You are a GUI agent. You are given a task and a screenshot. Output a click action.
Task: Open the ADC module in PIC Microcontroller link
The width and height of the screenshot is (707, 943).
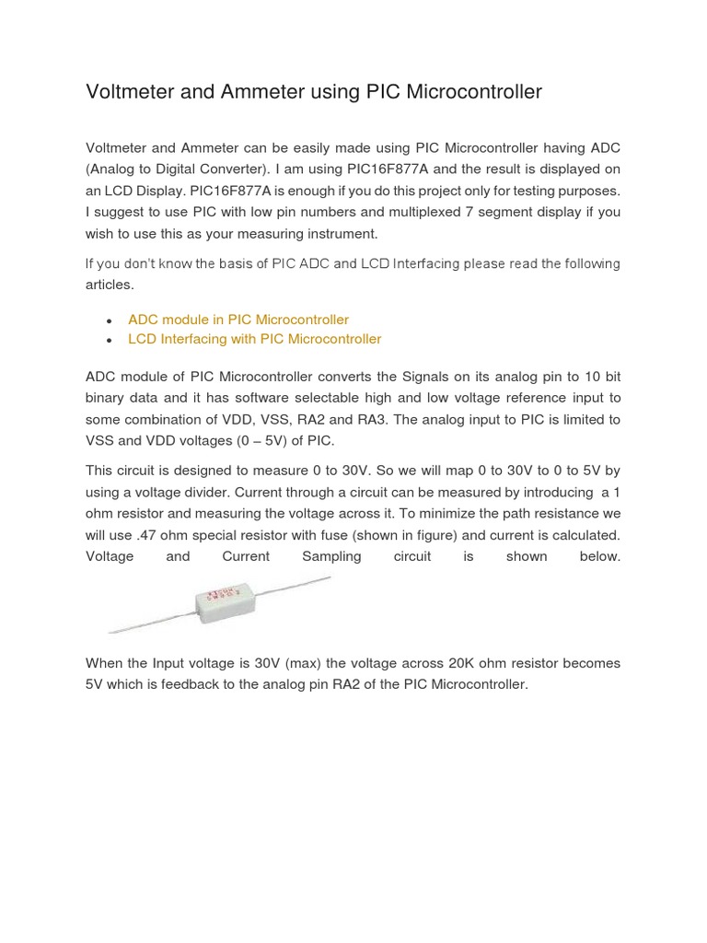pyautogui.click(x=238, y=320)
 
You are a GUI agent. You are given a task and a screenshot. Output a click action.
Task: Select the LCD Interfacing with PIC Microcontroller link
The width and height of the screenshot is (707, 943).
pyautogui.click(x=254, y=339)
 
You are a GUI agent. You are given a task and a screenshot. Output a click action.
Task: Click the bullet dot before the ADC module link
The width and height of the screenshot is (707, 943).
pyautogui.click(x=110, y=320)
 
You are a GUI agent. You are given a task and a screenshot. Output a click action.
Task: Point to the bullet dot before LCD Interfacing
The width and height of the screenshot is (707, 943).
pyautogui.click(x=110, y=340)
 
